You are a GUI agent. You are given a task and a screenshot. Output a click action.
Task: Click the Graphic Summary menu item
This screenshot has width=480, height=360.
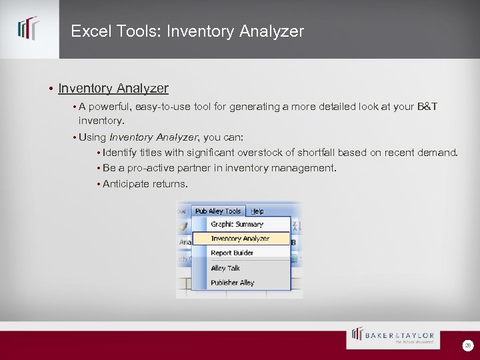pos(237,225)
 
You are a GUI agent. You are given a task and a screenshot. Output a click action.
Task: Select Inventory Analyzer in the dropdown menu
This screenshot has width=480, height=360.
pos(240,239)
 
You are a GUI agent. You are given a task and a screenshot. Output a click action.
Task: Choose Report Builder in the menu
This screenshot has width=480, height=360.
pos(232,253)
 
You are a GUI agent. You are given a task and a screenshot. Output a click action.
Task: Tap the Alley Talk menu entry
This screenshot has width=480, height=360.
pos(225,268)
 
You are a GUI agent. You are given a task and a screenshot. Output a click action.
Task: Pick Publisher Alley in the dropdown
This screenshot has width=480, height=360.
pos(233,283)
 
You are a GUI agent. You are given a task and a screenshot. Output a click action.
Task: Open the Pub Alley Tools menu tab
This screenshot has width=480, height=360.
pos(218,211)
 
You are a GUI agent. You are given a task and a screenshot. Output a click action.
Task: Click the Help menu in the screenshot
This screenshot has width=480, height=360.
pos(257,211)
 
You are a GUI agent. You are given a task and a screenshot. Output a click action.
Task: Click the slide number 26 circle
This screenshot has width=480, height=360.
pos(469,345)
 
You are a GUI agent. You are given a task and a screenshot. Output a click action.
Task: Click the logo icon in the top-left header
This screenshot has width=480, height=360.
pos(28,29)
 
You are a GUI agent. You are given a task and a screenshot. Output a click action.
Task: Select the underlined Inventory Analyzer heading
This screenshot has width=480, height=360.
pos(113,88)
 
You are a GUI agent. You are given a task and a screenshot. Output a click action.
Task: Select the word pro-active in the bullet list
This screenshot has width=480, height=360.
pos(141,168)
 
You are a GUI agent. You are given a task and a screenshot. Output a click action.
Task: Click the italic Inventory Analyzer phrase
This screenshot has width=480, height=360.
pos(153,137)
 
